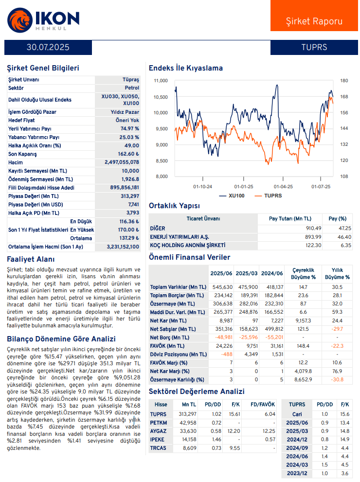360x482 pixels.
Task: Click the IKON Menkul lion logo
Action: pos(19,20)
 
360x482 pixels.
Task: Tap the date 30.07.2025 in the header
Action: pos(48,47)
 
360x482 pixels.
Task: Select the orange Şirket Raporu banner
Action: pos(314,16)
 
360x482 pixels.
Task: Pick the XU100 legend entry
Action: pos(232,196)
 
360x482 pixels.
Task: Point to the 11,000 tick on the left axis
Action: pos(161,81)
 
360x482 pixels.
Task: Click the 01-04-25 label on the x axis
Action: pos(283,187)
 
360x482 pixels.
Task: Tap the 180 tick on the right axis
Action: pos(344,81)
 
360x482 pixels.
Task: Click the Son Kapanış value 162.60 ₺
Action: pos(128,154)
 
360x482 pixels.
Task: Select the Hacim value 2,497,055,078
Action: pos(122,162)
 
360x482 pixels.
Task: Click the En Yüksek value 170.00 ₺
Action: pos(128,230)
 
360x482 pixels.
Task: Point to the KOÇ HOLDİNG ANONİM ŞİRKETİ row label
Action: pos(187,245)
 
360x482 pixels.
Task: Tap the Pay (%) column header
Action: pos(337,218)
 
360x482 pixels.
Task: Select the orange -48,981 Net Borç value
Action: pos(224,338)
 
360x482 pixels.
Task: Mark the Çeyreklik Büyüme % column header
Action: pos(303,273)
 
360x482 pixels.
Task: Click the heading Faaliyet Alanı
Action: pos(31,259)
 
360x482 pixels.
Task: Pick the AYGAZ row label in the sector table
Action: pos(158,431)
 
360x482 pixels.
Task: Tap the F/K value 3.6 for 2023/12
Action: pos(344,473)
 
